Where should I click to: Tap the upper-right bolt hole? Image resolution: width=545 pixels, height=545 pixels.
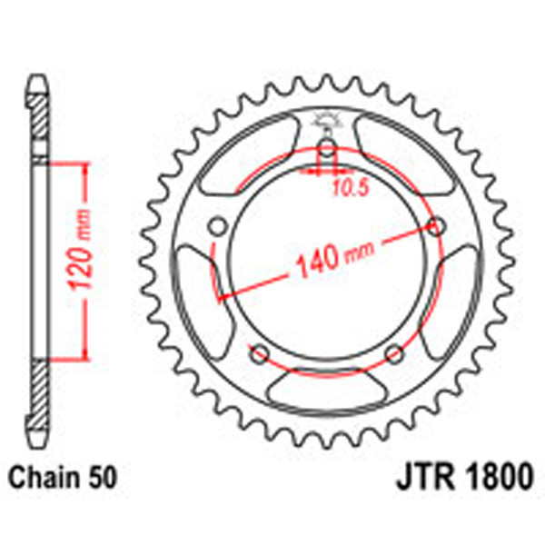tap(437, 227)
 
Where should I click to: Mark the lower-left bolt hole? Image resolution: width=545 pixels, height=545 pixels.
tap(259, 352)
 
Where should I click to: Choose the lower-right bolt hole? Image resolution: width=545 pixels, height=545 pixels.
tap(394, 352)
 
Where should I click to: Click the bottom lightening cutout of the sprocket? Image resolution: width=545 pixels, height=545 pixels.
tap(327, 392)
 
